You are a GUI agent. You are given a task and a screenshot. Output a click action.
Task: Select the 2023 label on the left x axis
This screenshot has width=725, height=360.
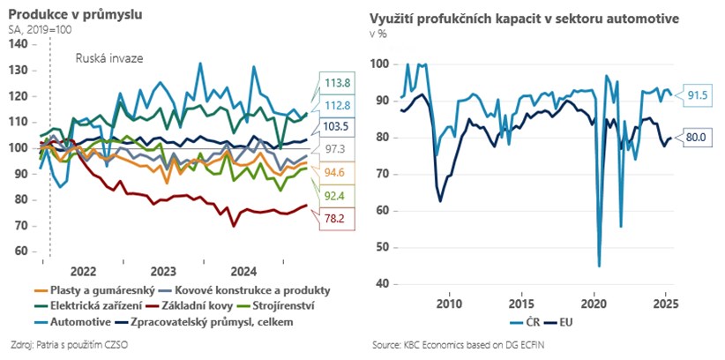pyautogui.click(x=162, y=269)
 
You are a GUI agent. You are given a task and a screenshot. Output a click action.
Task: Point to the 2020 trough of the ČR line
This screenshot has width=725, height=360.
pyautogui.click(x=599, y=266)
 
